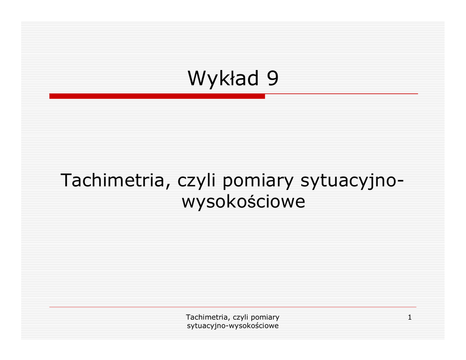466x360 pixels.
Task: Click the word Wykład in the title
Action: [223, 79]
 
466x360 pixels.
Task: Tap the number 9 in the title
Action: [273, 78]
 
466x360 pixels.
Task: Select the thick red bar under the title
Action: [157, 96]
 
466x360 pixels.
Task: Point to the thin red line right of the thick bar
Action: [341, 94]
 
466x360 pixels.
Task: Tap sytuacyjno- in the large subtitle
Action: [352, 181]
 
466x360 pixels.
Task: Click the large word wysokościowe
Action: [243, 201]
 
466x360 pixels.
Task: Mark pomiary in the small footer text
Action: [265, 318]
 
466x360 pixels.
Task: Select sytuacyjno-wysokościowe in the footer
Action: [233, 326]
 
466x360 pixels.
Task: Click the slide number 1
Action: [410, 317]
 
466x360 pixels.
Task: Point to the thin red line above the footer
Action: [233, 307]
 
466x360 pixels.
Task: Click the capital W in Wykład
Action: [198, 78]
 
